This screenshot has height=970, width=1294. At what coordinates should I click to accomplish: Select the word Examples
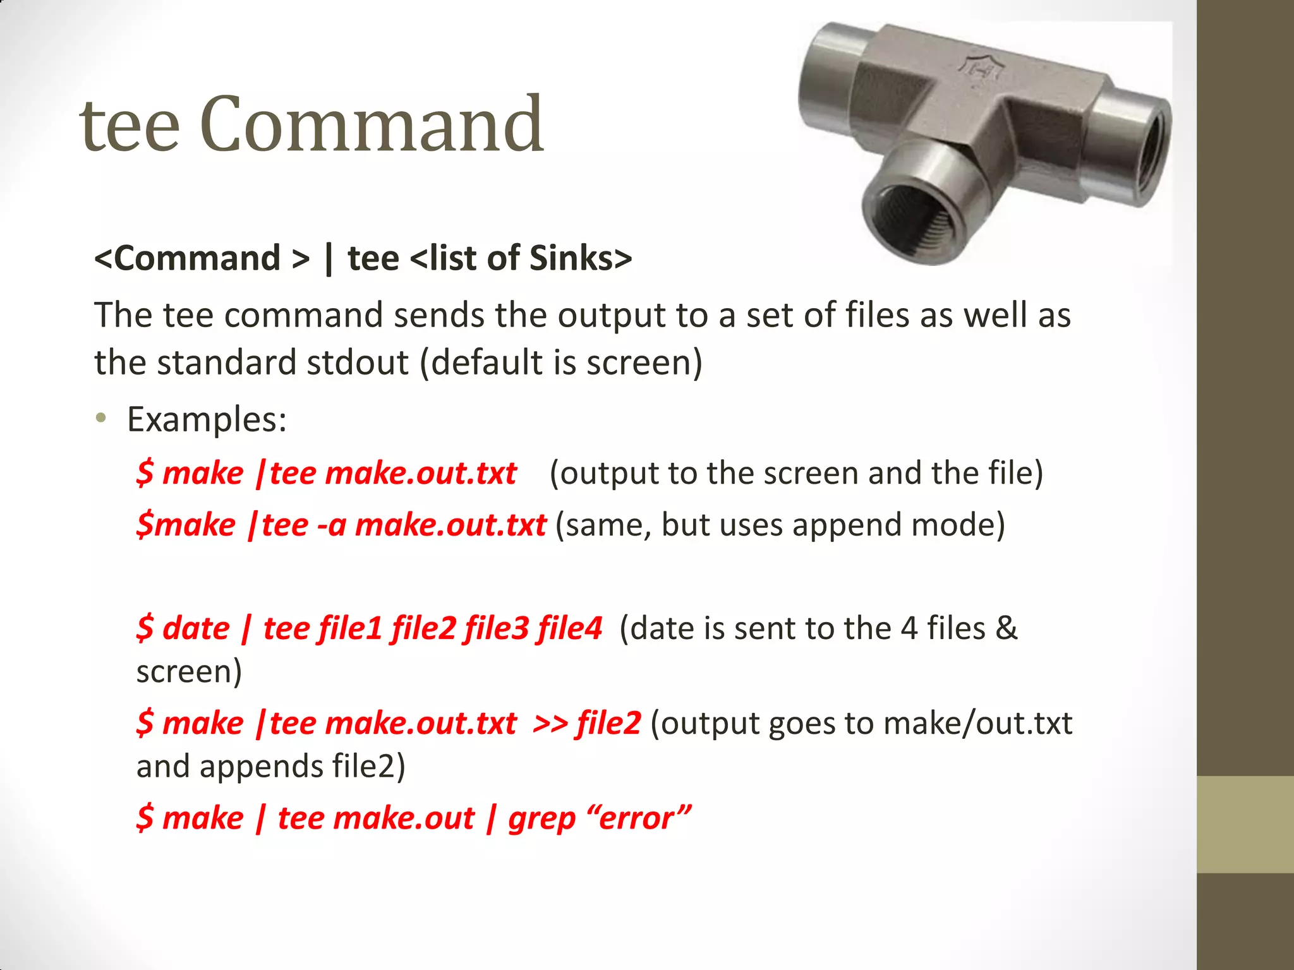tap(207, 419)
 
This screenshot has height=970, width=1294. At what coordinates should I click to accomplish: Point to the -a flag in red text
tap(331, 525)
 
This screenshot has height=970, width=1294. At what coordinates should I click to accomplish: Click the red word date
tap(196, 629)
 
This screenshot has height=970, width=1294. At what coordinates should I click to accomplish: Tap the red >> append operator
tap(550, 724)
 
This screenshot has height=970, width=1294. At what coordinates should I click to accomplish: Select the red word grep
tap(541, 819)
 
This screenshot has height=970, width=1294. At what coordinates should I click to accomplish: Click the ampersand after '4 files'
tap(1006, 629)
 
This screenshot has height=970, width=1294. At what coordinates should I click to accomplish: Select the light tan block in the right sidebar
tap(1245, 824)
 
